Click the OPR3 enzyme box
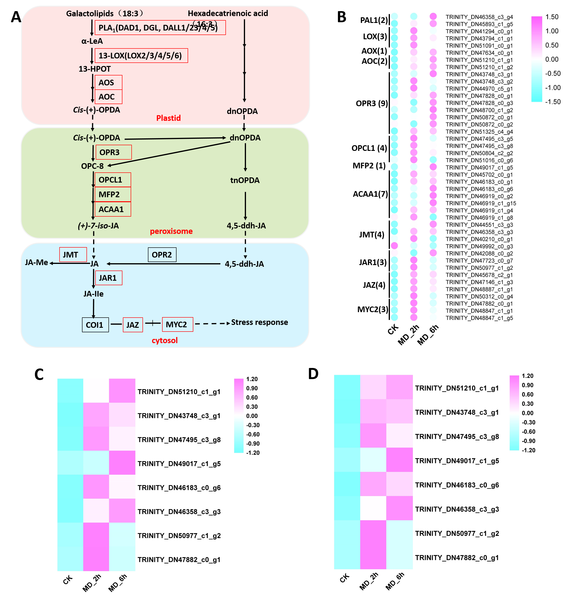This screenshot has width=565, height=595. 113,152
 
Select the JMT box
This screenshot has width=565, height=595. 73,255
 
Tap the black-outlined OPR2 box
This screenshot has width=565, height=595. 162,255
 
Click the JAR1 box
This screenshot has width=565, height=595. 108,278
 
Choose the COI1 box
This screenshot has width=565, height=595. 95,325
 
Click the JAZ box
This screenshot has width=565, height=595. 133,325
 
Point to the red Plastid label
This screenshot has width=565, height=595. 168,118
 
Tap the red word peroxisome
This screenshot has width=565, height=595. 171,231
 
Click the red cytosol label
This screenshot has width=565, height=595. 164,340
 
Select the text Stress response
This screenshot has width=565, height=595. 259,322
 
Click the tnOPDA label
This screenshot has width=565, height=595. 245,180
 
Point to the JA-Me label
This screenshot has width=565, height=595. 36,262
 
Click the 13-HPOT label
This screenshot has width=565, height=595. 95,69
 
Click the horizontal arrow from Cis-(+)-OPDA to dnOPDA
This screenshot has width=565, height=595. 175,138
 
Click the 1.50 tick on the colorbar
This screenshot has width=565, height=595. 552,17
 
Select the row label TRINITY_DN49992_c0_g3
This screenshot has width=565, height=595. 479,246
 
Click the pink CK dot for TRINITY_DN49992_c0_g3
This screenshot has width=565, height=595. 394,246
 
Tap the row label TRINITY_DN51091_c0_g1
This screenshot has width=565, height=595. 479,45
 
